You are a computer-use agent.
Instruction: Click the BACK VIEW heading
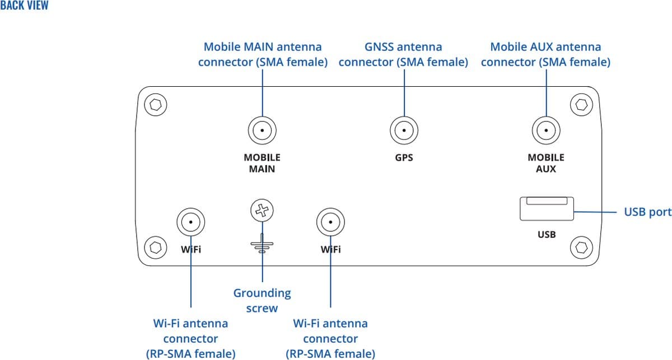pos(25,6)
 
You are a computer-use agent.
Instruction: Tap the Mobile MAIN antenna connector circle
pos(262,131)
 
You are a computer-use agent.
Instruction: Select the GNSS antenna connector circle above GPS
pos(403,131)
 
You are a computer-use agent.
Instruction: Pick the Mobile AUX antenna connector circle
pos(545,131)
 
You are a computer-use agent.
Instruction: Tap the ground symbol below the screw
pos(262,244)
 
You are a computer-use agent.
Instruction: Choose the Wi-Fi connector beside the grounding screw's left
pos(191,223)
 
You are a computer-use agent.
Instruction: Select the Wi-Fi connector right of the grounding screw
pos(330,223)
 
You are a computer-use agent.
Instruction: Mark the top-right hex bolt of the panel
pos(581,104)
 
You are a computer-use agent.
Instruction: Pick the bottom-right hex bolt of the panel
pos(581,246)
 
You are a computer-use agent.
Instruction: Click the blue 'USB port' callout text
pos(647,212)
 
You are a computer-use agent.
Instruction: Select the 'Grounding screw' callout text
pos(262,300)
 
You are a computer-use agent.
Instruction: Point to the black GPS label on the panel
pos(404,158)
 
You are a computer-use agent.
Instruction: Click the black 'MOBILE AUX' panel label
pos(546,163)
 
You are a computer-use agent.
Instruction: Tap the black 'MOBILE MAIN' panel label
pos(262,163)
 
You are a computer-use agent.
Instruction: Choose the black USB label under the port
pos(547,235)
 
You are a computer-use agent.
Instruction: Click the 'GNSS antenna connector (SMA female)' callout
pos(403,54)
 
